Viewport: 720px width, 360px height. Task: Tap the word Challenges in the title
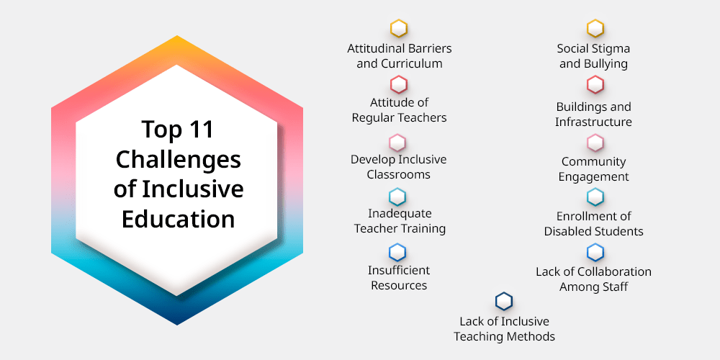point(178,159)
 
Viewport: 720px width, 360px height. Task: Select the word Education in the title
point(178,219)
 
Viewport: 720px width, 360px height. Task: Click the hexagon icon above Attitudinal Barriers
point(399,29)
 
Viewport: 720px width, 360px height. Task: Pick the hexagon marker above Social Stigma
point(595,29)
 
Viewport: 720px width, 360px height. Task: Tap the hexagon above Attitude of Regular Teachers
point(399,85)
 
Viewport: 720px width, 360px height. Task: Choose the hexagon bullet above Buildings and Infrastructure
point(595,85)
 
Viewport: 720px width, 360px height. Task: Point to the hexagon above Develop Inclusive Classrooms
point(397,143)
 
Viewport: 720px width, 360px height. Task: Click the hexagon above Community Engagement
point(595,143)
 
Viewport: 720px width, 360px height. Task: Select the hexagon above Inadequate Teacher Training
point(397,197)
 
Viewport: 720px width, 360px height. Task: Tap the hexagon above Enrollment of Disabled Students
point(595,197)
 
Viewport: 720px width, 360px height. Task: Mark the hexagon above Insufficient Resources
point(397,253)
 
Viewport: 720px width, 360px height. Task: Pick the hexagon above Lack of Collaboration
point(595,253)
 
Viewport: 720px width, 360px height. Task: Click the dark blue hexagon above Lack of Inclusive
point(504,302)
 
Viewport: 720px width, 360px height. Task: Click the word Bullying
point(606,64)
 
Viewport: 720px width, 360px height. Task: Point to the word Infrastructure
point(593,122)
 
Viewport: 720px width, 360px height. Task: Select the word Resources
point(399,285)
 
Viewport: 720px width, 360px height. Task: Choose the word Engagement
point(594,177)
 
